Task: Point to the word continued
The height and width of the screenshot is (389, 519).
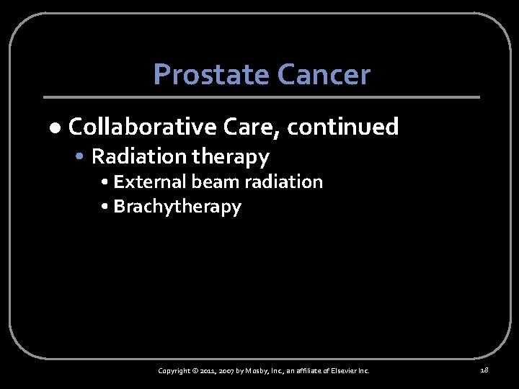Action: [x=343, y=127]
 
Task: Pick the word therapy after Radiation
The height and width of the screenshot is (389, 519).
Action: [x=231, y=156]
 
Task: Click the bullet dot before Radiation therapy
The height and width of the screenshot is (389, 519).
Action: [x=84, y=157]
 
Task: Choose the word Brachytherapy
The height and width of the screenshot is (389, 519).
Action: [x=177, y=207]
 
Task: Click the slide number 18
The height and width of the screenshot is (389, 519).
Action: [x=484, y=370]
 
